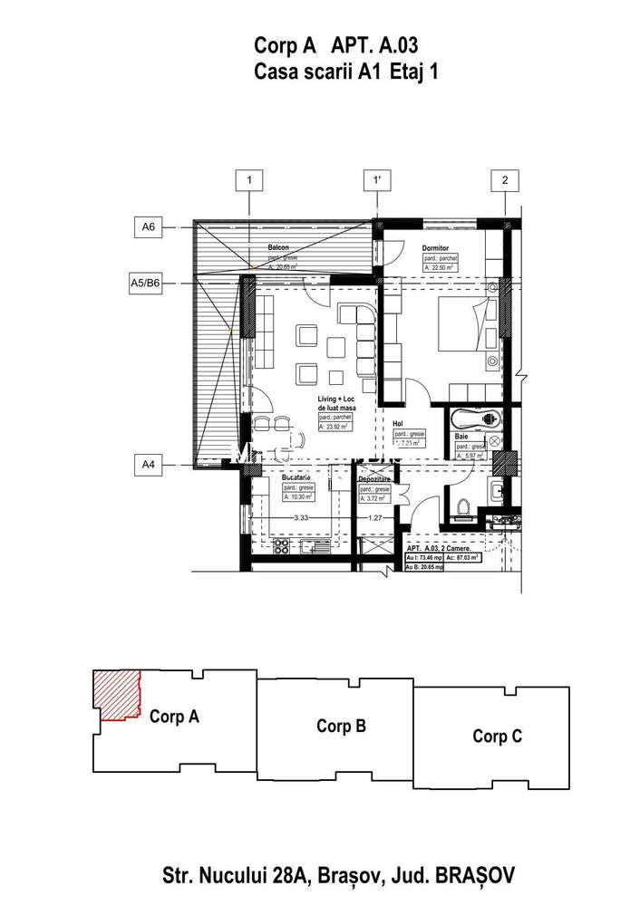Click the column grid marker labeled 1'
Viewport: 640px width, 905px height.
pyautogui.click(x=376, y=180)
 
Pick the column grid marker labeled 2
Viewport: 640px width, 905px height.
pyautogui.click(x=505, y=180)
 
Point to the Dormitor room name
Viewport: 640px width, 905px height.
pyautogui.click(x=438, y=247)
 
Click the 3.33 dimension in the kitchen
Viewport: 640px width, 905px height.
pyautogui.click(x=303, y=518)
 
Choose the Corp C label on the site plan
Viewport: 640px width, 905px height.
pyautogui.click(x=497, y=736)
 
